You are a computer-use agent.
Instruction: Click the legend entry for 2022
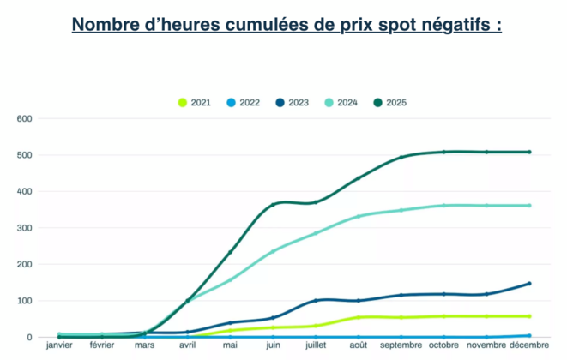click(242, 103)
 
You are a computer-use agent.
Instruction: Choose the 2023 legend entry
click(291, 103)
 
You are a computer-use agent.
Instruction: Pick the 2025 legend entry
click(389, 103)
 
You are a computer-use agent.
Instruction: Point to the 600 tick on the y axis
click(24, 118)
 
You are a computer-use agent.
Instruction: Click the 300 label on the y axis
click(24, 228)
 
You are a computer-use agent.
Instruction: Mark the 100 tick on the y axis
click(24, 301)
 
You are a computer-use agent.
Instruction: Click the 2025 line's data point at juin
click(273, 205)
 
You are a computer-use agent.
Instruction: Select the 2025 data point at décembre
click(529, 152)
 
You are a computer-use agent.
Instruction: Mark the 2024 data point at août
click(359, 216)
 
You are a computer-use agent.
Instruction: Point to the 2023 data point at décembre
click(529, 284)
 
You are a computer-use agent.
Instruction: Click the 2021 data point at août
click(359, 317)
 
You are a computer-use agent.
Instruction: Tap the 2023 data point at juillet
click(316, 300)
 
